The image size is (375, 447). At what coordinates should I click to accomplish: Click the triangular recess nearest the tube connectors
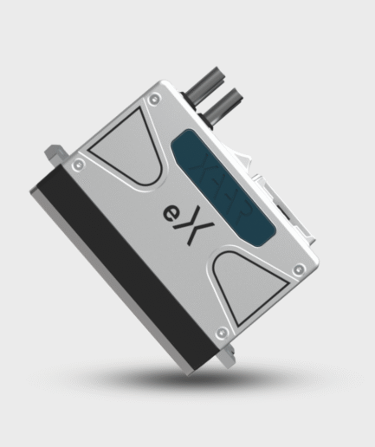coord(124,147)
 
